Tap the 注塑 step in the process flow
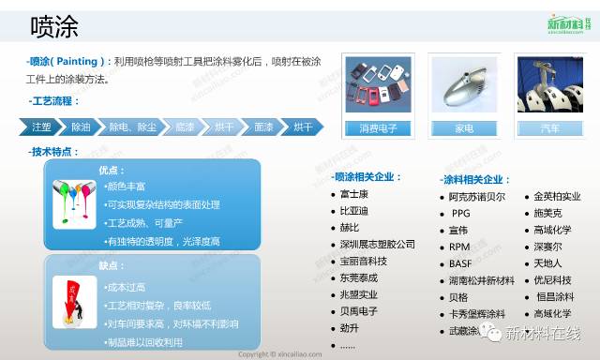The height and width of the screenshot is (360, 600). pos(40,127)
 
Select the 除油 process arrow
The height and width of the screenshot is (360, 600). pos(81,127)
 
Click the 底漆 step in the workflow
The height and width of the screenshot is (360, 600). pos(184,127)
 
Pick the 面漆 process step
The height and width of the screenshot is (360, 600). pos(263,127)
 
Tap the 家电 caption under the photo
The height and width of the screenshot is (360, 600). pos(463,127)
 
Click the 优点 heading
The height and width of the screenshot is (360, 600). pos(112,170)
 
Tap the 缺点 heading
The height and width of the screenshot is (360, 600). pos(112,265)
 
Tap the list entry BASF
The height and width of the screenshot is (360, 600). pos(460,263)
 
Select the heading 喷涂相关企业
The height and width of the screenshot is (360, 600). pos(367,176)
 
